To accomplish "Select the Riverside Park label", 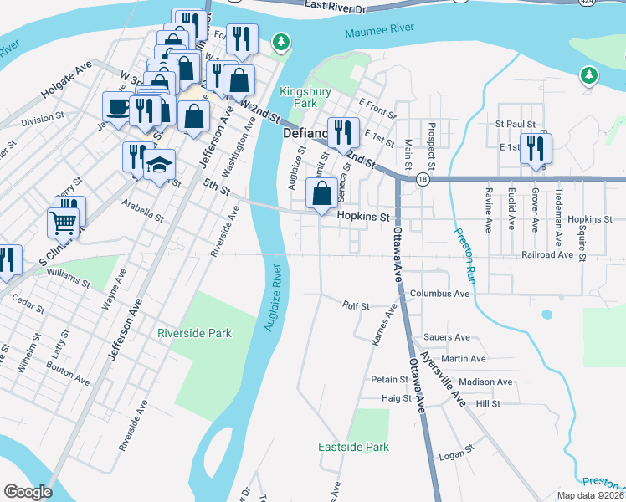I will tap(194, 333).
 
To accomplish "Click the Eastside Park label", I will tap(353, 447).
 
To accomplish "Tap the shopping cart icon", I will tap(64, 223).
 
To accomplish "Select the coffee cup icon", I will tap(116, 107).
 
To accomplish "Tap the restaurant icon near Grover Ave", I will tap(532, 149).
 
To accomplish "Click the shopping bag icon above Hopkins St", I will tap(321, 193).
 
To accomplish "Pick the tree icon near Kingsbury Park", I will tap(283, 41).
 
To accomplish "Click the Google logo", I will tap(28, 492).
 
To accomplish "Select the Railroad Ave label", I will tap(552, 254).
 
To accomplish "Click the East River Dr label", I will tap(336, 6).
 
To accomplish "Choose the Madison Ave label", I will tap(485, 382).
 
